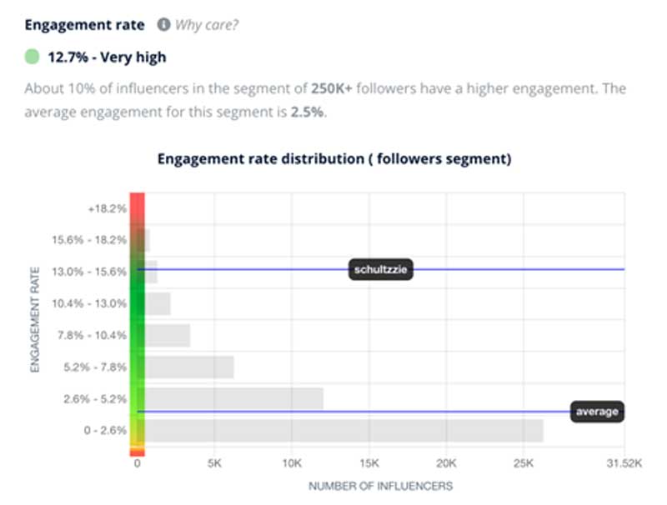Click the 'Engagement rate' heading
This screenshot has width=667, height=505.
coord(84,25)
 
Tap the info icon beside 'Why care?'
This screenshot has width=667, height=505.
coord(164,25)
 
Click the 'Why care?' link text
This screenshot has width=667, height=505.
coord(207,25)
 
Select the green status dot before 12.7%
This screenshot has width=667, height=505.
coord(32,57)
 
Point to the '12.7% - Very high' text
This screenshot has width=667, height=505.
coord(106,57)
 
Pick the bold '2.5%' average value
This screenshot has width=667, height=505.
coord(307,112)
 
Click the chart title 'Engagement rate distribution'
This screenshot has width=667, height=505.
coord(333,158)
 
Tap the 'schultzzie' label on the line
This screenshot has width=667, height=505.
coord(380,269)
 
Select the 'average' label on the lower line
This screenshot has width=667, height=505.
coord(597,412)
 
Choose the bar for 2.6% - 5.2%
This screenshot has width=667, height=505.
coord(234,399)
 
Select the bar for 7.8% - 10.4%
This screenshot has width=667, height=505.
coord(168,335)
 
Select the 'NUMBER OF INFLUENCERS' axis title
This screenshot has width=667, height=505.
coord(380,486)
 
